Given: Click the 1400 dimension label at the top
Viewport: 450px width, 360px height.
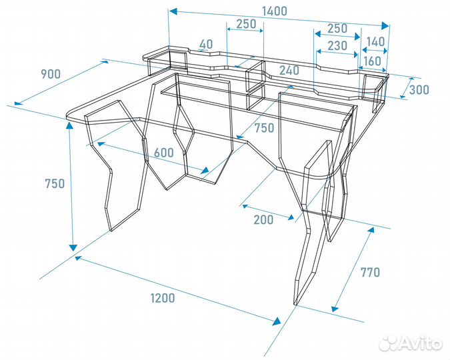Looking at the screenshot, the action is coord(275,11).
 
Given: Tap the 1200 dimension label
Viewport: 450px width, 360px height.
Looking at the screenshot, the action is coord(163,298).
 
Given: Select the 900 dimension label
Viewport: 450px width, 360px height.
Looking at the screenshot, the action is coord(51,74).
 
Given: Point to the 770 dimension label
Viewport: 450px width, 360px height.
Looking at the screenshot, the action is coord(370,272).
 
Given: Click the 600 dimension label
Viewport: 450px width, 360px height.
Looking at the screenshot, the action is coord(164,153).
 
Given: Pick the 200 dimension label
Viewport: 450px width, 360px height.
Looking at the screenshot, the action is coord(264,219).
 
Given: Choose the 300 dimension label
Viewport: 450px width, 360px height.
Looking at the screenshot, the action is coord(419,90).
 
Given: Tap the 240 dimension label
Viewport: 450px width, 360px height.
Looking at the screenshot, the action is coord(289,71).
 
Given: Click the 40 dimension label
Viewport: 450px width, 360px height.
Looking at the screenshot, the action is coord(206,44).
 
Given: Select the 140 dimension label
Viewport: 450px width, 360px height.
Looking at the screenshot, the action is coord(376,42).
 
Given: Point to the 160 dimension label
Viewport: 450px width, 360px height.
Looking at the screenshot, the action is coord(372,61).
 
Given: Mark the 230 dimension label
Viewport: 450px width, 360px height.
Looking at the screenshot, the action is coord(337,45).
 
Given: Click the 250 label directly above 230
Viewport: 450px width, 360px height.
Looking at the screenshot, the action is coord(337,29).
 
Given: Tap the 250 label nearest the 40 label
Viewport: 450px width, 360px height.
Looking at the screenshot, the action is coord(246,24).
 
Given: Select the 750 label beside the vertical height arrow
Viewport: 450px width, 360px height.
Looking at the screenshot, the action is coord(55,183).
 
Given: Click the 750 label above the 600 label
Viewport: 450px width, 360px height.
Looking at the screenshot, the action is coord(264,128).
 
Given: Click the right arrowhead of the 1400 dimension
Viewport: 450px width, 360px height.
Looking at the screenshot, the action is coord(385,25).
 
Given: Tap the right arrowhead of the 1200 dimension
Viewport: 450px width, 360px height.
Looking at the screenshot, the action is coord(277,321).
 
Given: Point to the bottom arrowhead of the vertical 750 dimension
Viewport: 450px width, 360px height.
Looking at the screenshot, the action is coord(73,248).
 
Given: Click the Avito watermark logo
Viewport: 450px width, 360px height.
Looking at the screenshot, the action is coord(411,343).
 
